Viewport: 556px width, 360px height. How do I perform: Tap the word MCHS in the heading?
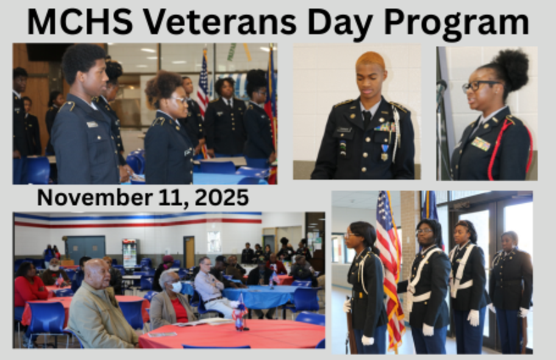pos(80,22)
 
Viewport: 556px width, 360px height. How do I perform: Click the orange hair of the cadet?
pos(370,60)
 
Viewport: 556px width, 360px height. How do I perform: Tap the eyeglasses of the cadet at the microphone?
pos(479,85)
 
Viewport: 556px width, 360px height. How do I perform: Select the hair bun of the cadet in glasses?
pos(510,69)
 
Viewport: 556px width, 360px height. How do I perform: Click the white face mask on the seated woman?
pos(176,287)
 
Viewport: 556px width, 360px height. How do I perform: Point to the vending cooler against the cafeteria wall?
pos(130,253)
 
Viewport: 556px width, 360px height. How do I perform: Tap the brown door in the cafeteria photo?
pos(189,252)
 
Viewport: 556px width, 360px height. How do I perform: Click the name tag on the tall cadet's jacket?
pos(92,124)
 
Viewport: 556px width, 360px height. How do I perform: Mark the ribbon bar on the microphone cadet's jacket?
pos(481,144)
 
